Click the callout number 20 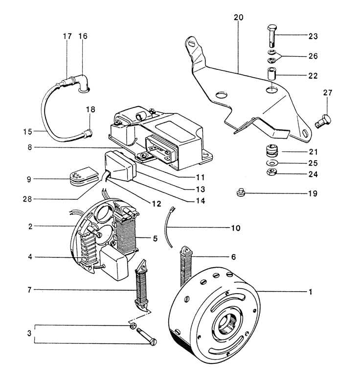(x=238, y=17)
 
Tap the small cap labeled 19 (x=240, y=193)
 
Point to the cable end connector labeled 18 (x=89, y=132)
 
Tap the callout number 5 (x=155, y=239)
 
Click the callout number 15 (x=28, y=131)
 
